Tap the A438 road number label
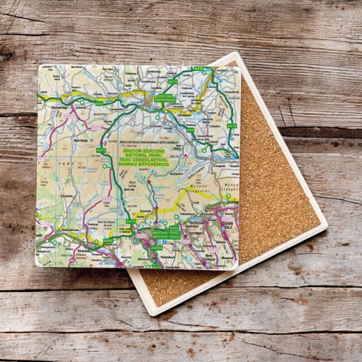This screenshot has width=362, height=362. point(198,69)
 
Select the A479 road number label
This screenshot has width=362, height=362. point(232,126)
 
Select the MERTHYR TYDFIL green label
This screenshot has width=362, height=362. point(166,235)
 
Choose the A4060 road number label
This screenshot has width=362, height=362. point(156,248)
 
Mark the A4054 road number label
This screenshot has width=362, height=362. point(141,236)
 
